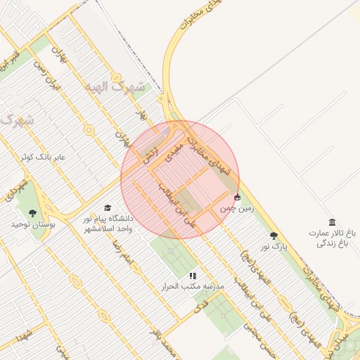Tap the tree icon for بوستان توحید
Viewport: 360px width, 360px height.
[30, 212]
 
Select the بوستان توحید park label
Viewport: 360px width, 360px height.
[27, 224]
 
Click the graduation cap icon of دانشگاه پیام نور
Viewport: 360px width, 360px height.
[107, 207]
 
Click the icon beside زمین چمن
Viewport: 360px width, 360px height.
[238, 197]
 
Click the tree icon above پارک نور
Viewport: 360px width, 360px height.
[274, 236]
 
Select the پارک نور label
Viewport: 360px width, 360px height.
[274, 247]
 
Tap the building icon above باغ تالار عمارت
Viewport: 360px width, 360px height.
[332, 221]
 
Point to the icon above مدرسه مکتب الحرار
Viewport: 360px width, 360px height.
[193, 276]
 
